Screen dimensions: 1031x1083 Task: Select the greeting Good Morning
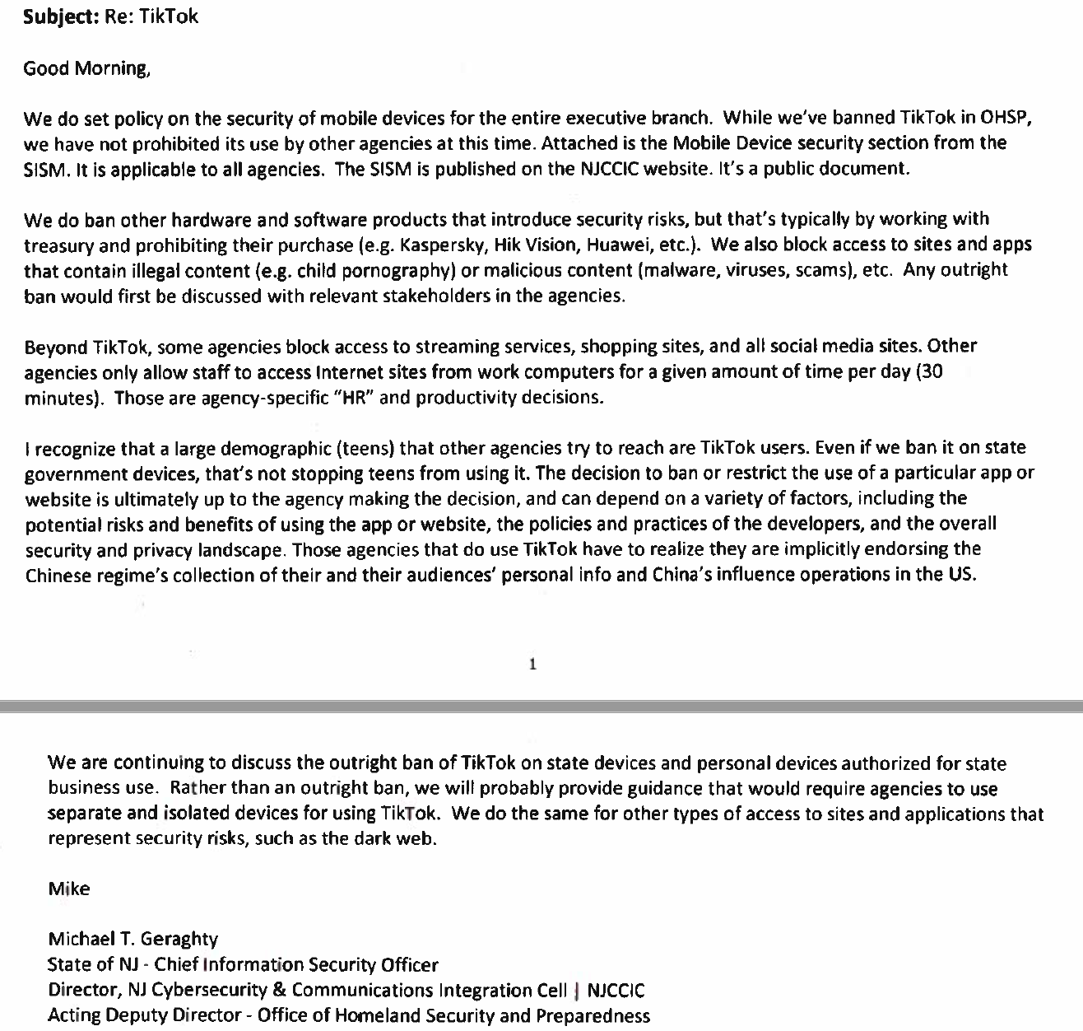86,68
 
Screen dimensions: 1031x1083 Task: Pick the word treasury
56,245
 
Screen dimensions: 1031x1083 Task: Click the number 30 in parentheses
931,371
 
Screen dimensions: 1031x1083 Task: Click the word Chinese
57,575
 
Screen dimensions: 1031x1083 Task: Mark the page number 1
532,664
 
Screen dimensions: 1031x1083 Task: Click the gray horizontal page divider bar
541,706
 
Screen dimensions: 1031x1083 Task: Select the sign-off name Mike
69,889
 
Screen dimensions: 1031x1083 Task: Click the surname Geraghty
179,939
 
